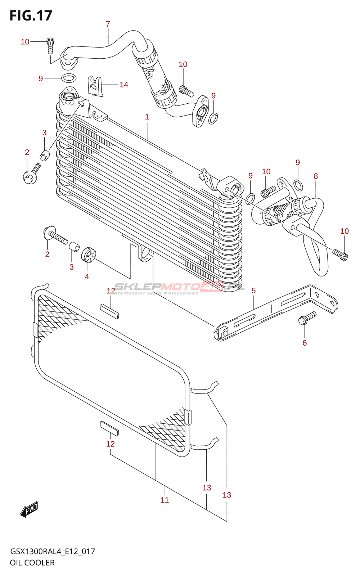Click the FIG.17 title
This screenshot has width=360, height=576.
(31, 15)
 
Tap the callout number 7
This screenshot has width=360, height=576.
(108, 24)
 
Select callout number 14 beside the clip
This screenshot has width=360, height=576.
(124, 85)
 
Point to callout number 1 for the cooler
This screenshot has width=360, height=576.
(147, 117)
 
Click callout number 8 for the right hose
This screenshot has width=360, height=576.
(316, 176)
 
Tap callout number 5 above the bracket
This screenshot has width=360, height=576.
(253, 291)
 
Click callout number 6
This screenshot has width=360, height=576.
(305, 343)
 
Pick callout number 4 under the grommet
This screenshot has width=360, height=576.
(87, 276)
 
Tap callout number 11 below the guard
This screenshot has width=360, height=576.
(165, 500)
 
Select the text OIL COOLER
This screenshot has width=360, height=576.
(32, 563)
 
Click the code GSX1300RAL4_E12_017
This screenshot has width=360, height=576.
(53, 551)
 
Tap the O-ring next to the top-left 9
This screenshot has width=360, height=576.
(69, 78)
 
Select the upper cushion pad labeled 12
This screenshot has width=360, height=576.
(109, 310)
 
